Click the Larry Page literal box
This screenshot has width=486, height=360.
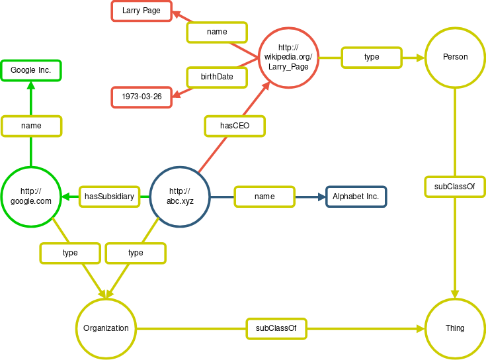pos(142,11)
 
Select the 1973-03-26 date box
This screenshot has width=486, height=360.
pos(142,97)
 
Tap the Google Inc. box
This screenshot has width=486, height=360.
pos(31,70)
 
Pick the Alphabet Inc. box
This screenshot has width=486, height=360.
pos(356,197)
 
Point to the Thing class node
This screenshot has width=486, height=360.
pos(455,328)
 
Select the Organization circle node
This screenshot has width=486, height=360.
pos(106,328)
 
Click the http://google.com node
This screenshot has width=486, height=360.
pos(31,197)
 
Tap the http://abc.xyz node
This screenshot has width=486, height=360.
pos(181,197)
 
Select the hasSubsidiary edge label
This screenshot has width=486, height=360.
pos(109,197)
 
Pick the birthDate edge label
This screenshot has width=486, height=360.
pos(217,77)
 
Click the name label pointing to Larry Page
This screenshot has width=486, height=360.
pos(217,32)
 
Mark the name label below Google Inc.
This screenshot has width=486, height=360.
pos(31,126)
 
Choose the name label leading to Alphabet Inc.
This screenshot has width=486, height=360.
pos(264,197)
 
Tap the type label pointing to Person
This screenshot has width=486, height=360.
pos(371,58)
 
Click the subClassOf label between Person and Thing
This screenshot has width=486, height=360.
pos(455,187)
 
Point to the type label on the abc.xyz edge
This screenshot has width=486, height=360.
pos(136,253)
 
